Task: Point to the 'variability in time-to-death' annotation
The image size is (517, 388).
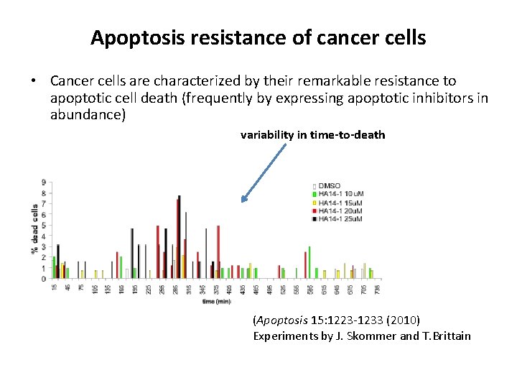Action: point(312,134)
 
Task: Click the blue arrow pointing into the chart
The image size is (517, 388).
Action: point(265,172)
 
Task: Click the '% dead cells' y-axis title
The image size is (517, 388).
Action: point(34,228)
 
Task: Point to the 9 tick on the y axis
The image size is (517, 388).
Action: point(45,182)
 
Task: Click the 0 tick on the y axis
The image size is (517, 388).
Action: point(45,279)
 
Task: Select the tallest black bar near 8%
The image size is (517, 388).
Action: point(179,237)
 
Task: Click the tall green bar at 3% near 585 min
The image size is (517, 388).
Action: point(309,262)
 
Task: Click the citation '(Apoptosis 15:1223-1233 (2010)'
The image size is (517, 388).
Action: point(337,319)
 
